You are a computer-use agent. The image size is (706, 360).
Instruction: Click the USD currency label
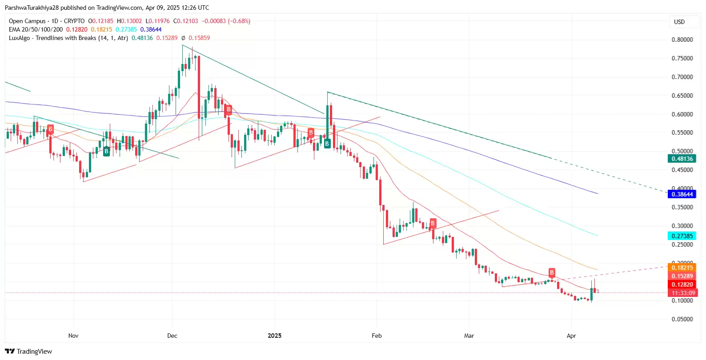coord(679,22)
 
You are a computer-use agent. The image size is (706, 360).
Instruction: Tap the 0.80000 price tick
coord(682,40)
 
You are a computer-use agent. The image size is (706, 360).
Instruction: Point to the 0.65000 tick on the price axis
coord(682,96)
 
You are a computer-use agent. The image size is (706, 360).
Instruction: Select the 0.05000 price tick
coord(682,319)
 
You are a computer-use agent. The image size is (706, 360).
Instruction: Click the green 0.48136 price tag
coord(682,159)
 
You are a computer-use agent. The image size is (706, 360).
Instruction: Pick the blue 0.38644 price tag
coord(682,194)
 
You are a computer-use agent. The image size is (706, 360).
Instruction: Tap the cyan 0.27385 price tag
coord(682,236)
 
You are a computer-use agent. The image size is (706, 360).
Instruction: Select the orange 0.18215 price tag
coord(682,268)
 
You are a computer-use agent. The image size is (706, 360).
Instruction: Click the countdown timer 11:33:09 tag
coord(683,293)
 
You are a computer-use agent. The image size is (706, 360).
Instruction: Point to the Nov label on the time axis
coord(73,336)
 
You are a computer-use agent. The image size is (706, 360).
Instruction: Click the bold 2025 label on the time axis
coord(274,336)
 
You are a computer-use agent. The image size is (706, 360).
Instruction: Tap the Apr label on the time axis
coord(571,336)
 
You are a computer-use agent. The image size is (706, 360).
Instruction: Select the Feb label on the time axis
coord(377,336)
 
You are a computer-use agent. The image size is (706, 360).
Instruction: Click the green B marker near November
coord(106,152)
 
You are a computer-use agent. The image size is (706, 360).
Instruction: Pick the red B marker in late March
coord(552,272)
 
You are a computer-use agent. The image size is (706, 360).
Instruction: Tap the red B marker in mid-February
coord(433,223)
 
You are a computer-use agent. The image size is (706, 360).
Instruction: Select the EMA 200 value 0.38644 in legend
coord(151,29)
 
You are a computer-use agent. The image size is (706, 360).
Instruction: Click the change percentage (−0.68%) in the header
coord(239,21)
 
